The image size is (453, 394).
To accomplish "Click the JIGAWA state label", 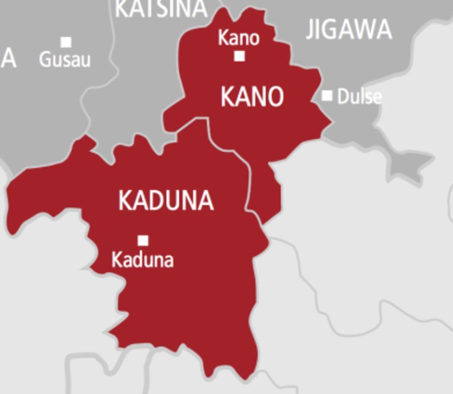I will [x=349, y=29].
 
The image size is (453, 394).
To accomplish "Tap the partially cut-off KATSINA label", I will [x=161, y=8].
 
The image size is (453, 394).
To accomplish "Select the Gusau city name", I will [x=65, y=60].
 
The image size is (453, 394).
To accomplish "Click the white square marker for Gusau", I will [x=66, y=42].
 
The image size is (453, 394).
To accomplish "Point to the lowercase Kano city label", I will [x=239, y=38].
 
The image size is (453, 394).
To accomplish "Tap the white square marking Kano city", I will [x=240, y=56].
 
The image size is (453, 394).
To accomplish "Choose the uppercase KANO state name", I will [x=252, y=96].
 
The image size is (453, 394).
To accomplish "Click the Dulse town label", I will [x=359, y=96].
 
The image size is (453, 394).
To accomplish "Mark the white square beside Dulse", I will [x=327, y=95].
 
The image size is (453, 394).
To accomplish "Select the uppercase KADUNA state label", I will [x=166, y=200].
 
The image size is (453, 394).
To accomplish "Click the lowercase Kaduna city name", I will [x=142, y=260].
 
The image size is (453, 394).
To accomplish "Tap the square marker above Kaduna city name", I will [x=143, y=240].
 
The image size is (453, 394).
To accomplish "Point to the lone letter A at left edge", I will [x=9, y=59].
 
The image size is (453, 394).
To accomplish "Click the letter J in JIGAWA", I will [x=310, y=30].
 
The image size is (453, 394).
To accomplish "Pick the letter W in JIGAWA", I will [x=362, y=29].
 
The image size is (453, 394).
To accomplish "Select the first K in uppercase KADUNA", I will [x=125, y=200].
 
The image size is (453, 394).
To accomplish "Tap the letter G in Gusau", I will [x=45, y=60].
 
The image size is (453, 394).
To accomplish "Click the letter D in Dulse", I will [x=343, y=96].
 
